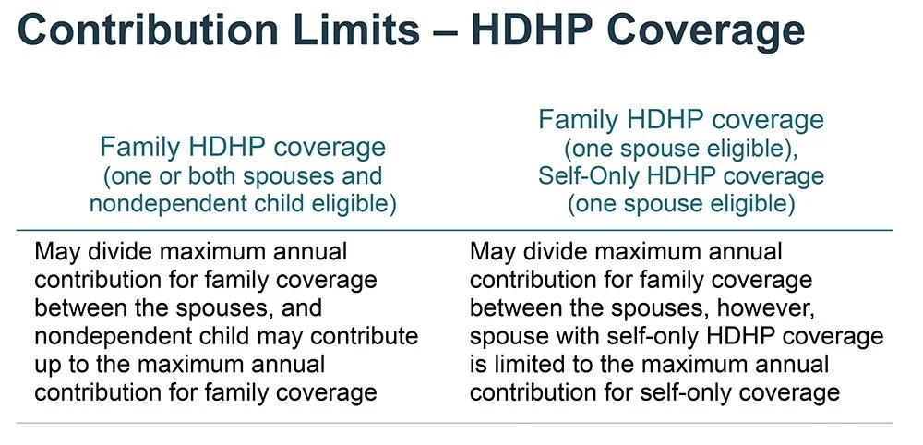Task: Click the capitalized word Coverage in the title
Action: click(x=716, y=32)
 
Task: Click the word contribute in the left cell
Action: click(x=365, y=335)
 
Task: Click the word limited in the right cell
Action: click(x=539, y=364)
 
